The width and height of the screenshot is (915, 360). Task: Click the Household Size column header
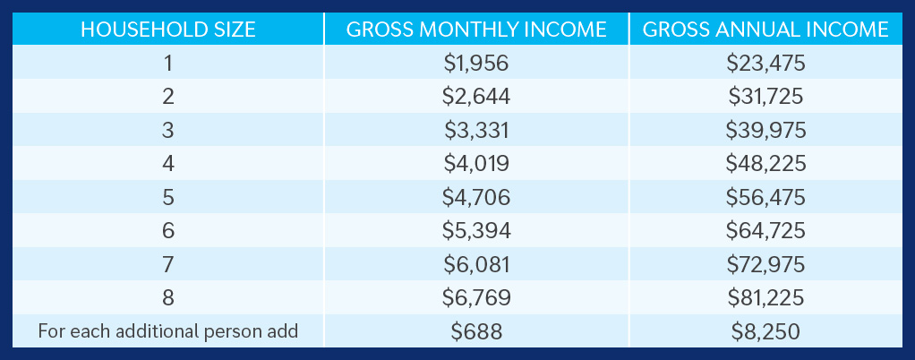click(x=168, y=29)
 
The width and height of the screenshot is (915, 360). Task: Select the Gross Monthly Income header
click(x=476, y=29)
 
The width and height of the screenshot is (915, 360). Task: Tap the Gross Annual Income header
click(x=765, y=29)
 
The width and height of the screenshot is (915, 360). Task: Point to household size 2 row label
click(x=168, y=97)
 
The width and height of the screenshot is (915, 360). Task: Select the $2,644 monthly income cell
click(x=476, y=97)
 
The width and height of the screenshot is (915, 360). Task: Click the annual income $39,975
click(x=765, y=130)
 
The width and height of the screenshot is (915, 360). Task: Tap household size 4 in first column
click(x=168, y=164)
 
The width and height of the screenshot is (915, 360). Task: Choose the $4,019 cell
click(x=476, y=164)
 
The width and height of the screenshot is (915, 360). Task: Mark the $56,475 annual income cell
click(x=765, y=197)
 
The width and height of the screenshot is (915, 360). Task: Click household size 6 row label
click(x=168, y=231)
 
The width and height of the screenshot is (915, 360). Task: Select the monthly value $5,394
click(x=476, y=231)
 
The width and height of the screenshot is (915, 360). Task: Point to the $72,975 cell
click(x=765, y=264)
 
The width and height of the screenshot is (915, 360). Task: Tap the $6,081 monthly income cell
click(x=476, y=264)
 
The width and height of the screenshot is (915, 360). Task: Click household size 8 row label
click(x=168, y=298)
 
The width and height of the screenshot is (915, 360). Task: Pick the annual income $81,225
click(x=765, y=298)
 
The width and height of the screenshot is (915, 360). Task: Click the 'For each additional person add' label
click(x=168, y=331)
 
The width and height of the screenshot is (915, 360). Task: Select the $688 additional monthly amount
click(x=476, y=331)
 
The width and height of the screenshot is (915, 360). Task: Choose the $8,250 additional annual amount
click(x=765, y=331)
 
